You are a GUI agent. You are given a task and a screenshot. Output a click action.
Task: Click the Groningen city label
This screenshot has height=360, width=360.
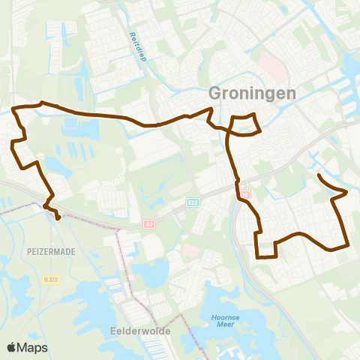pyautogui.click(x=250, y=94)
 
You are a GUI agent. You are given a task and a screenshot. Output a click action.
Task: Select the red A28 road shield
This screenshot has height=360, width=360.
pyautogui.click(x=244, y=195)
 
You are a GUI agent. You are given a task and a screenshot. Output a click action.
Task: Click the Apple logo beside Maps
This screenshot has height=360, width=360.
pyautogui.click(x=12, y=347)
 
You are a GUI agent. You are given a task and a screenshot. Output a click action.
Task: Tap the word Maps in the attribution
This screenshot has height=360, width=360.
pyautogui.click(x=33, y=347)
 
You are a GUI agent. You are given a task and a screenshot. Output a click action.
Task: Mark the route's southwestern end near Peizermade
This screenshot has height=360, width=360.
pyautogui.click(x=58, y=219)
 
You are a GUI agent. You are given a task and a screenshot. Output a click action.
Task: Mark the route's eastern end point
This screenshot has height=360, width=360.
pyautogui.click(x=319, y=175)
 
